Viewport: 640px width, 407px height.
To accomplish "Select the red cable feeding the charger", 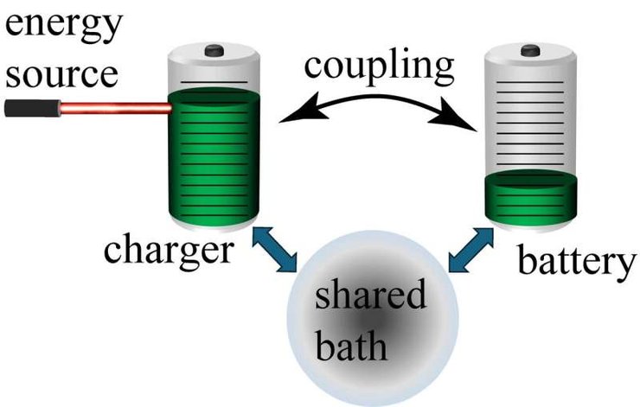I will (x=113, y=109).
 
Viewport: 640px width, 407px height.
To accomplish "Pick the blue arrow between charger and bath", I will (x=275, y=248).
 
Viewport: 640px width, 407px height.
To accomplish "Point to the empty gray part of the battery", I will (x=528, y=121).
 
